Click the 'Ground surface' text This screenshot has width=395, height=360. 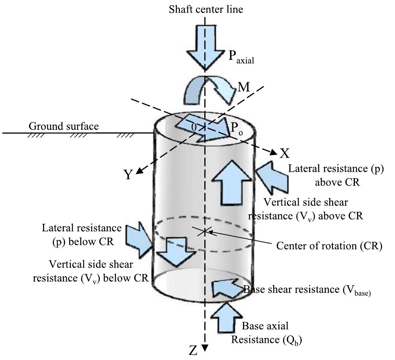click(x=64, y=126)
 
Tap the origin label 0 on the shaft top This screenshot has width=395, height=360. click(x=193, y=127)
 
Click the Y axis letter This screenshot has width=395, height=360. click(x=128, y=175)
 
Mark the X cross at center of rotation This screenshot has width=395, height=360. click(x=204, y=232)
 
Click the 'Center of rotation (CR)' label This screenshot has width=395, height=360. click(x=329, y=246)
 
